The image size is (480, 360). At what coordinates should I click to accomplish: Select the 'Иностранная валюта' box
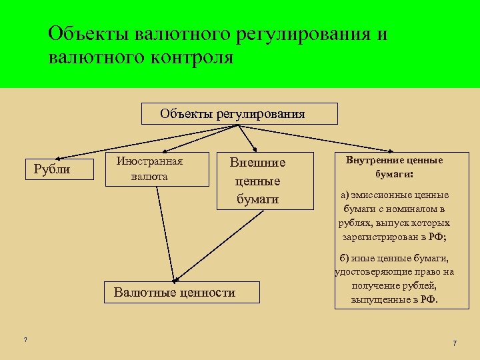pyautogui.click(x=150, y=169)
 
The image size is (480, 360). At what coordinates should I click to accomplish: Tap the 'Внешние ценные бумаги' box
pyautogui.click(x=264, y=181)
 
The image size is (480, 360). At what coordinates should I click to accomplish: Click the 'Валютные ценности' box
pyautogui.click(x=175, y=292)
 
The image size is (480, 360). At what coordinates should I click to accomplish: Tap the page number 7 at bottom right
pyautogui.click(x=455, y=343)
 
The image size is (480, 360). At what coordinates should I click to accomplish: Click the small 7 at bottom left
pyautogui.click(x=25, y=341)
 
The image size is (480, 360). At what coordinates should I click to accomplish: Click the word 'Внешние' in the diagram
pyautogui.click(x=257, y=162)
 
